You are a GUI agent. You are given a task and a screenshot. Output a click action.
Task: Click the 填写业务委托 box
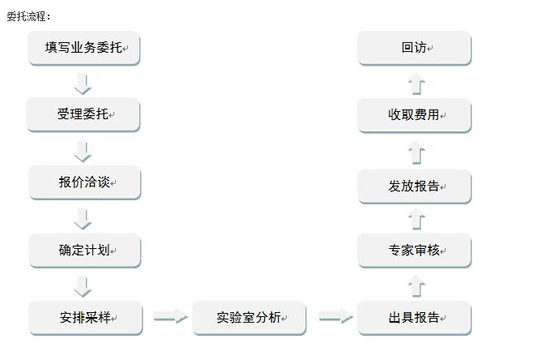[x=84, y=48]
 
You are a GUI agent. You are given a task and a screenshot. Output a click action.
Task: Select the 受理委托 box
[x=84, y=115]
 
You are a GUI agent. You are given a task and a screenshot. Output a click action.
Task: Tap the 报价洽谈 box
[x=84, y=182]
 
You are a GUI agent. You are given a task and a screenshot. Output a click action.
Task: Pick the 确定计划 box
[x=84, y=251]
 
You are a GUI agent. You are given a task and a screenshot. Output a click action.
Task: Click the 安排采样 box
[x=84, y=318]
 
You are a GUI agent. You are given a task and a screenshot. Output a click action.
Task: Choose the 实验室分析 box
[x=250, y=318]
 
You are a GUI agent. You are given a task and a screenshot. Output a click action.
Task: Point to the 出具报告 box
[x=415, y=318]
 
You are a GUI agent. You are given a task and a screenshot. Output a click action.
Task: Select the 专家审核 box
[x=415, y=251]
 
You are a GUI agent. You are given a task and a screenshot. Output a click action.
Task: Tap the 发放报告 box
[x=415, y=186]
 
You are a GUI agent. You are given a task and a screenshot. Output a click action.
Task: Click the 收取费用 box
[x=415, y=115]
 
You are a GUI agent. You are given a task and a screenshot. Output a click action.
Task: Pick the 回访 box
[x=415, y=48]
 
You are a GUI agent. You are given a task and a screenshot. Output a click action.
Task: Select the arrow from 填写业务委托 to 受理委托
[x=83, y=83]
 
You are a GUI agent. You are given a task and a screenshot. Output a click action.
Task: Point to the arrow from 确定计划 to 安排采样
[x=83, y=285]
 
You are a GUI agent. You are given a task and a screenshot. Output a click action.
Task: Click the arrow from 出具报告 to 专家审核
[x=416, y=285]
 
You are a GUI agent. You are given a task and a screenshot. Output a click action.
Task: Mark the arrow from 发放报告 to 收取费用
[x=416, y=151]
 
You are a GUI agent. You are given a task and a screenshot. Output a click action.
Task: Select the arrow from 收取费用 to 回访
[x=416, y=83]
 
